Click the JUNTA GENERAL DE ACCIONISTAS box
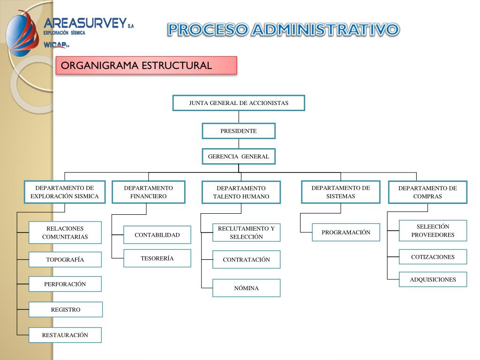(239, 103)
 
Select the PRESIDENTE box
(239, 131)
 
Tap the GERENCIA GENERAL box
(239, 157)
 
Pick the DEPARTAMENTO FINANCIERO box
(149, 192)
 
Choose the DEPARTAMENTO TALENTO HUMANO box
(241, 192)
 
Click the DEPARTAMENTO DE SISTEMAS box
(341, 192)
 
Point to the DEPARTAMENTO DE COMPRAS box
(427, 192)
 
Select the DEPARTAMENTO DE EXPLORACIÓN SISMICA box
(65, 192)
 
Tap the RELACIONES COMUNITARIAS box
(65, 232)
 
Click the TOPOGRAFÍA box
(65, 260)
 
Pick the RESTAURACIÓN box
(65, 335)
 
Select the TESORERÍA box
(157, 258)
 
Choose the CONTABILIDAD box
(157, 235)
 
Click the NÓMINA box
(246, 288)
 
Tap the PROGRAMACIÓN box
(346, 232)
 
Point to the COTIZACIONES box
(433, 257)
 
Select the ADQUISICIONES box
(433, 279)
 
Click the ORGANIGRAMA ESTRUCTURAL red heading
(146, 65)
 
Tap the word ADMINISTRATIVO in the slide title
(325, 30)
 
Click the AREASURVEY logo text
(85, 23)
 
